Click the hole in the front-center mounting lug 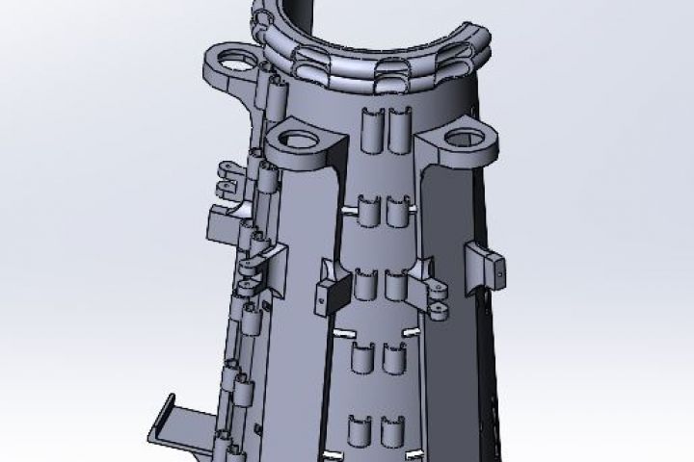coord(304,141)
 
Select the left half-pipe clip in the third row coord(366,286)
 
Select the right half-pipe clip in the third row coord(395,286)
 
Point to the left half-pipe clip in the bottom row coord(360,432)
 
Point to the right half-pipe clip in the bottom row coord(391,432)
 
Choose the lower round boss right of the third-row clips coord(439,309)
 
